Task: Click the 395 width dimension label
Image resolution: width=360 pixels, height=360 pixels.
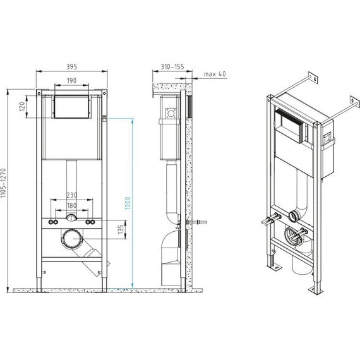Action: click(72, 66)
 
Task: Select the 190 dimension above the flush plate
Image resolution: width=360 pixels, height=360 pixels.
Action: click(72, 81)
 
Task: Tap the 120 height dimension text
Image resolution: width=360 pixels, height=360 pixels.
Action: click(21, 106)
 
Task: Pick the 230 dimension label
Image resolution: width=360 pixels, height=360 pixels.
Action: click(72, 196)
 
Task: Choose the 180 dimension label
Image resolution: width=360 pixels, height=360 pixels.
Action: click(72, 206)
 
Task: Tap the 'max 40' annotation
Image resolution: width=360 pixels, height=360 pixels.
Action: click(215, 75)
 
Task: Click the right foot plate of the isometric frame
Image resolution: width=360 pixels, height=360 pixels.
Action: click(314, 290)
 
